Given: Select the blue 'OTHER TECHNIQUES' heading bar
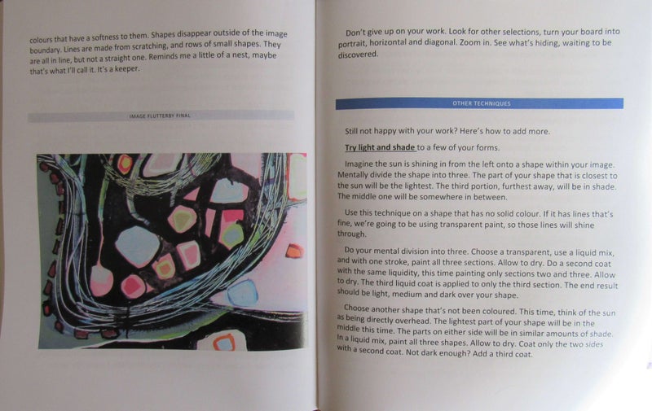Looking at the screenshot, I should (479, 104).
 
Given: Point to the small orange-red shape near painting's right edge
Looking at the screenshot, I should (292, 250).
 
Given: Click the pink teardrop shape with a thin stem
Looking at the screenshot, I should (101, 279).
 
